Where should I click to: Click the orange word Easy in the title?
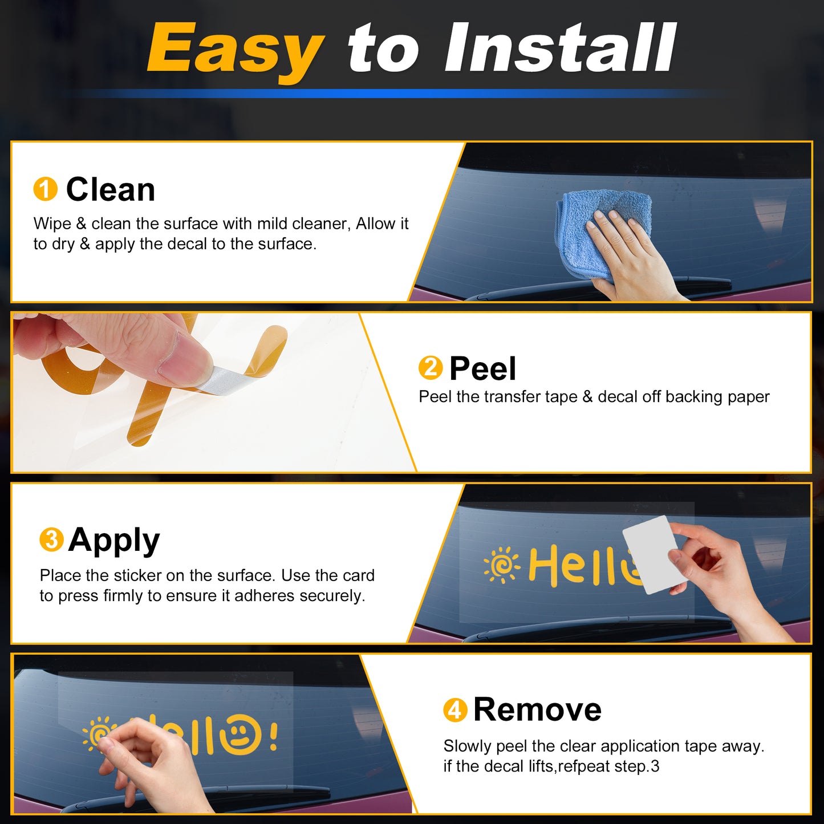click(235, 50)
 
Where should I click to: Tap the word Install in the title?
click(559, 47)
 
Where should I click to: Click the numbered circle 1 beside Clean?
click(45, 189)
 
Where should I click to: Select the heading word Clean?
click(110, 189)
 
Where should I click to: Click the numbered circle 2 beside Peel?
click(431, 368)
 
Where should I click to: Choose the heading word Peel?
click(483, 368)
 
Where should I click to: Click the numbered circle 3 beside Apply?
click(52, 539)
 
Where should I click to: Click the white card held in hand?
click(651, 555)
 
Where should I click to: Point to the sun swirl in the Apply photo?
click(502, 565)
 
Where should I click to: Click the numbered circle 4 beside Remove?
click(455, 710)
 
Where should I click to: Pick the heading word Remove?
click(538, 710)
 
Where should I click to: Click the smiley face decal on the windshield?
click(240, 734)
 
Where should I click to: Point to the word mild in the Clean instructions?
click(269, 224)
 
